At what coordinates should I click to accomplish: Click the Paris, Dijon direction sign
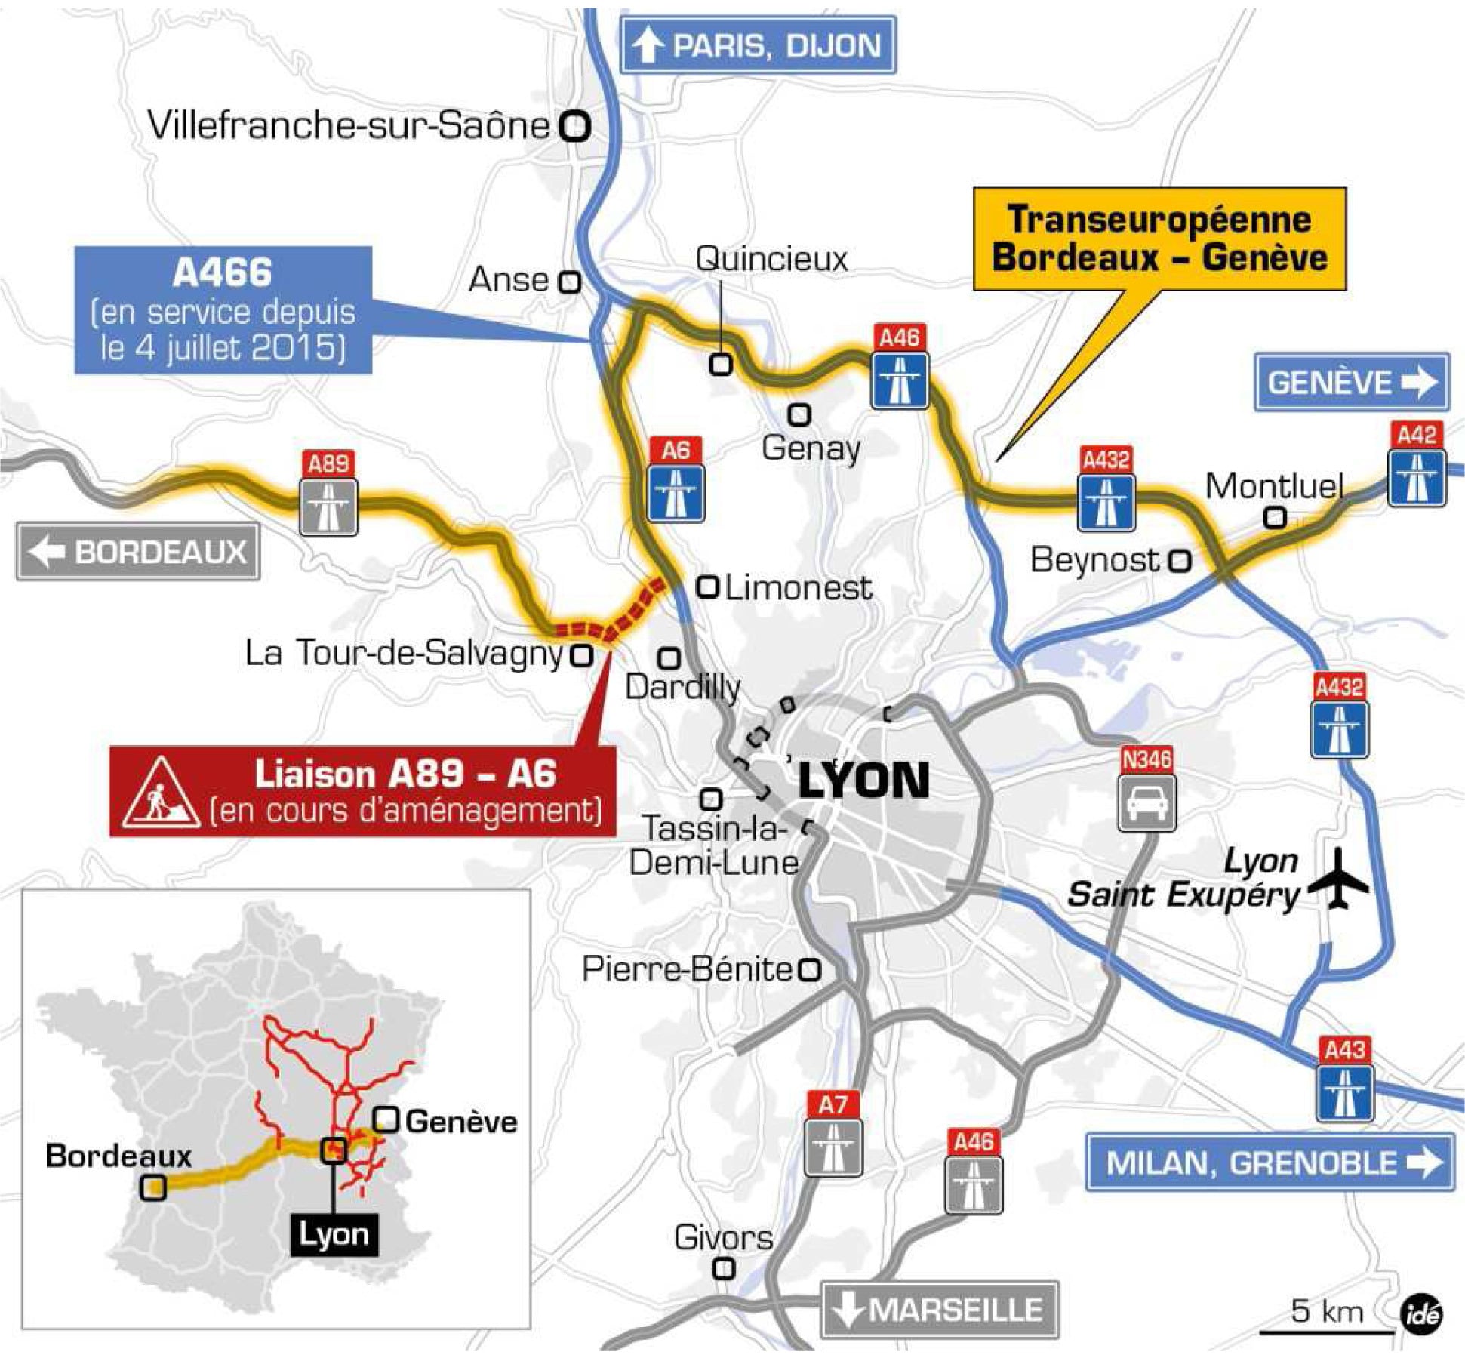coord(758,45)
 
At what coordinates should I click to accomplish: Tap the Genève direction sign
coord(1351,382)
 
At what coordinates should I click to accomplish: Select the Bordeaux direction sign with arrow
coord(138,552)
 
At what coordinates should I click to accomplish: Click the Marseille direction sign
coord(940,1310)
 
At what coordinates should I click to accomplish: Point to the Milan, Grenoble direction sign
coord(1270,1163)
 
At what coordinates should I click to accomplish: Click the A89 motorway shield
coord(328,494)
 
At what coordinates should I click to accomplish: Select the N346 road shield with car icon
coord(1146,790)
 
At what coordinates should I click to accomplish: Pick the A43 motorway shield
coord(1345,1079)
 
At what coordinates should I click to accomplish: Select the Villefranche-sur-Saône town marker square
coord(575,126)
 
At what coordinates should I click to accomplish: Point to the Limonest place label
coord(798,588)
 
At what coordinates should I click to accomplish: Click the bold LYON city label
coord(863,781)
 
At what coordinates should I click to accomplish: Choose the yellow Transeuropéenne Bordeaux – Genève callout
coord(1159,239)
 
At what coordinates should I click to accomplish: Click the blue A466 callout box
coord(223,310)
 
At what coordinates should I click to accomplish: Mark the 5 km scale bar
coord(1326,1332)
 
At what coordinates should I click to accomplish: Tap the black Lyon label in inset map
coord(334,1235)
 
